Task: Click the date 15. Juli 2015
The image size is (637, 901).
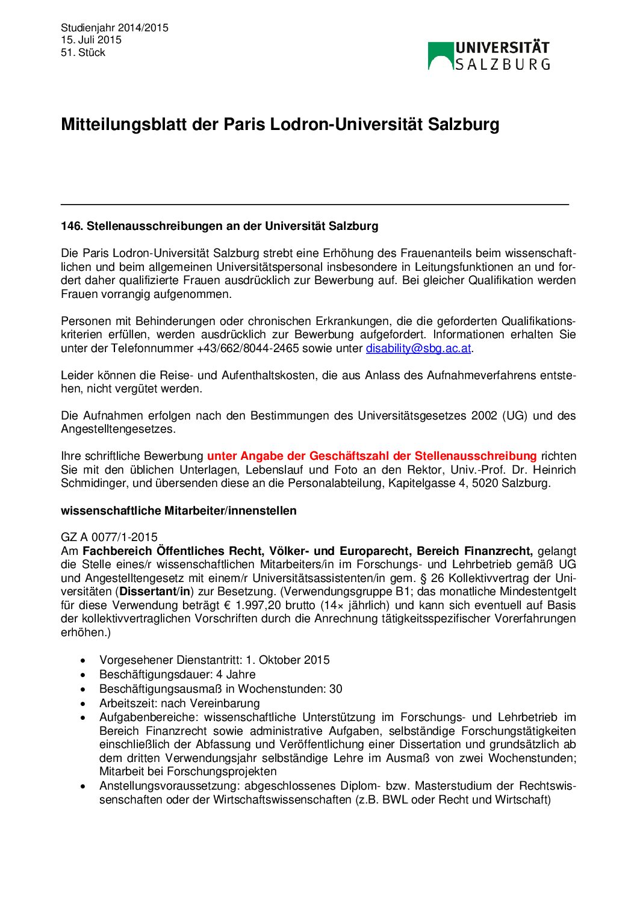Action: point(91,40)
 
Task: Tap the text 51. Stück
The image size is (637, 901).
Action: point(83,52)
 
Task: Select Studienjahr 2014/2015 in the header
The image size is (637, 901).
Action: point(114,28)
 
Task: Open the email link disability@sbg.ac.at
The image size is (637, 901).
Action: point(418,348)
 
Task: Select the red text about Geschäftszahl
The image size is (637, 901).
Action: point(371,456)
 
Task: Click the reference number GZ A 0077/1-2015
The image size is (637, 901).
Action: point(109,537)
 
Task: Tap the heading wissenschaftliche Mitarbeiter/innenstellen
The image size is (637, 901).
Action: point(178,510)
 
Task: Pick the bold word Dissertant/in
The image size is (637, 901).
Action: point(155,592)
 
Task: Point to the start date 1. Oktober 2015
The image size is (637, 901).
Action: point(287,660)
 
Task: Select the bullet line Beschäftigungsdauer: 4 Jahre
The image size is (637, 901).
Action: point(177,674)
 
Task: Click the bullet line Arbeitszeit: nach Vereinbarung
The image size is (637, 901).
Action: point(179,703)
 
